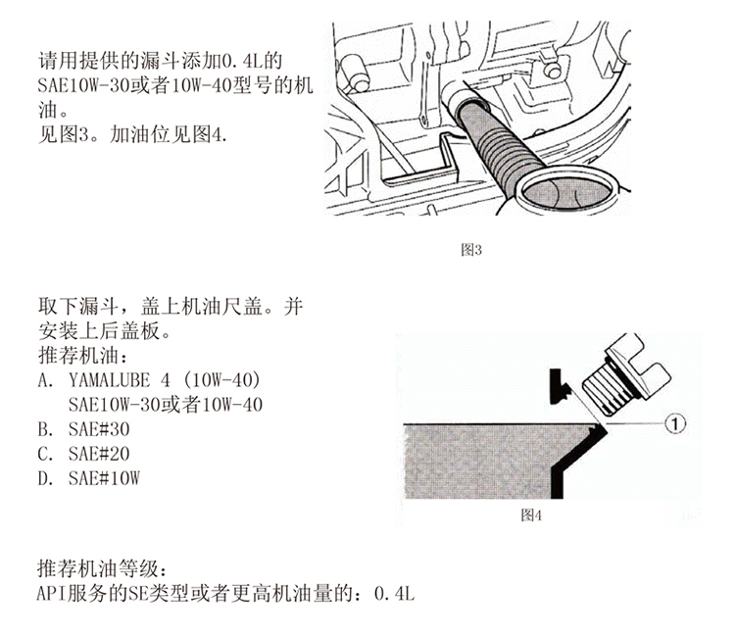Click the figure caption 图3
[471, 249]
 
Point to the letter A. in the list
[44, 378]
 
